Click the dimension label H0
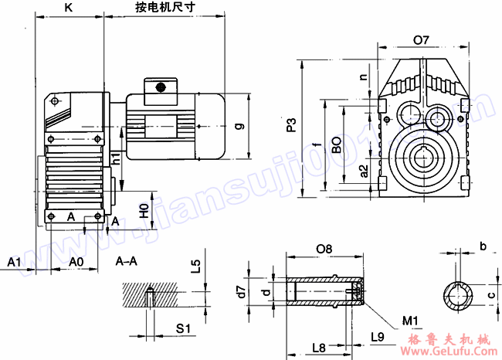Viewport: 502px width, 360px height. click(143, 210)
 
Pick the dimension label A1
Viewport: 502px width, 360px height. click(14, 262)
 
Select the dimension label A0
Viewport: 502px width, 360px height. click(76, 262)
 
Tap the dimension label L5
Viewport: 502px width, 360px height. click(196, 267)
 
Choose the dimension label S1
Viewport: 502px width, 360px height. click(183, 328)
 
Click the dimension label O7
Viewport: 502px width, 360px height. click(421, 39)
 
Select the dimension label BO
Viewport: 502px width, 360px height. click(337, 145)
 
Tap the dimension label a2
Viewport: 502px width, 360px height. click(364, 171)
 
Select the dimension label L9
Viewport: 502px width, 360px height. click(378, 337)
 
